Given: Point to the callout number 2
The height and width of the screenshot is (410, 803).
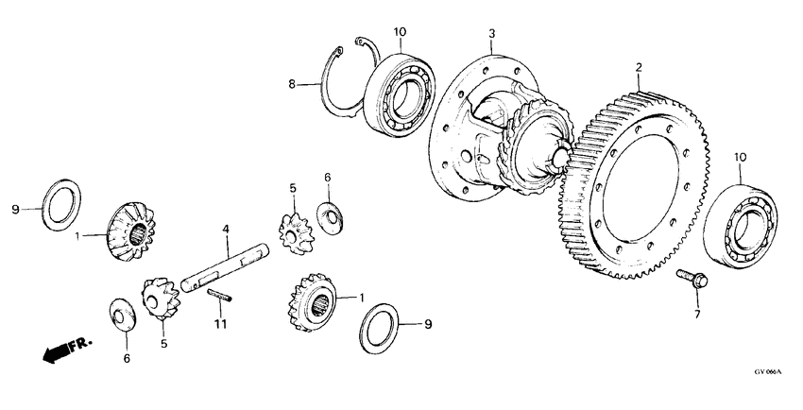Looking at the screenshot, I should (x=639, y=67).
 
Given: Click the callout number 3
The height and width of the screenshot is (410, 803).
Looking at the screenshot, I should (x=491, y=34).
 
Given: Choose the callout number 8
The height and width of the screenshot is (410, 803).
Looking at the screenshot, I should (x=293, y=84).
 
